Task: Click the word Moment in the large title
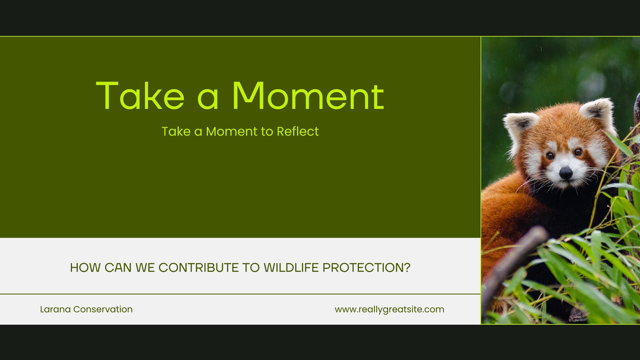tap(308, 96)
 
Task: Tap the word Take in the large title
tap(140, 96)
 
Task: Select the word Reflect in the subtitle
tap(298, 132)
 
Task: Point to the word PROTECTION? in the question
tap(366, 268)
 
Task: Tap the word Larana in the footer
tap(55, 309)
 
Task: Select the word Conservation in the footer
tap(103, 309)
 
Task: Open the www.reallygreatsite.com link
tap(390, 310)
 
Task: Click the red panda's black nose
tap(566, 173)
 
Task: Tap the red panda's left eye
tap(550, 156)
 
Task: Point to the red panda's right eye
tap(578, 152)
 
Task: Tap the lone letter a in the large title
tap(208, 99)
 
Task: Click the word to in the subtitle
tap(267, 132)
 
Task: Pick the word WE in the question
tap(145, 268)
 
